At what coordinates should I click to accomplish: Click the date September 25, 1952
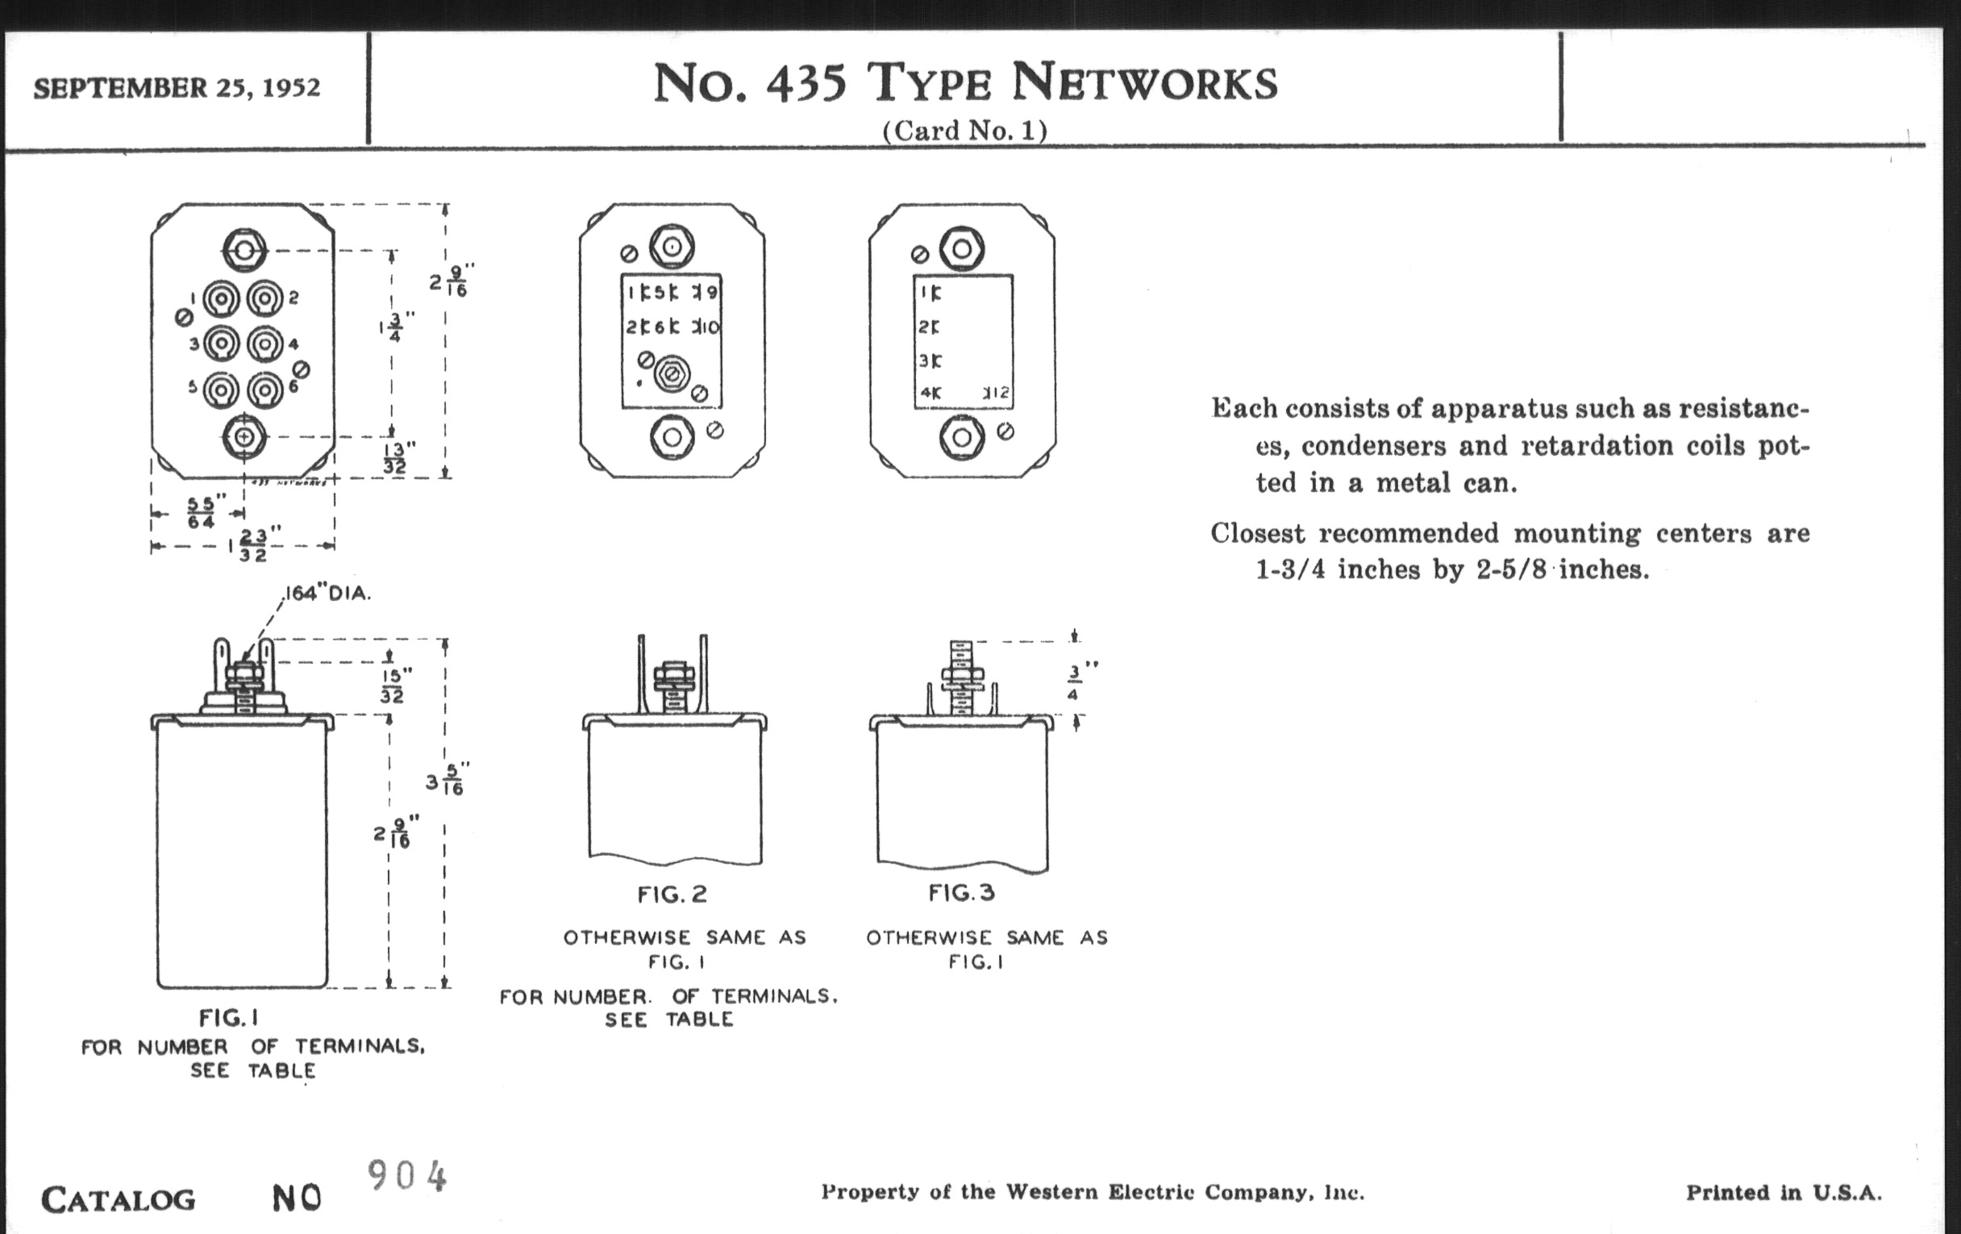pos(177,88)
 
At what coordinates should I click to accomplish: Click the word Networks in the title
pos(1144,85)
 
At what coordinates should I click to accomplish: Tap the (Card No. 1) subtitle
pos(964,131)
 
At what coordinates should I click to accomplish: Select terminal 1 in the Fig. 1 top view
pos(221,299)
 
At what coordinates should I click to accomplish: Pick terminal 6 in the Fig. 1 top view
pos(264,390)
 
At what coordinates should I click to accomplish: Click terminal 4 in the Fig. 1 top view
pos(264,344)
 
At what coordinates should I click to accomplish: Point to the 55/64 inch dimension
pos(201,512)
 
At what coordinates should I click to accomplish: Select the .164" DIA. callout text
pos(327,594)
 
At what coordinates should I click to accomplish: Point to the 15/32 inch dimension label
pos(395,685)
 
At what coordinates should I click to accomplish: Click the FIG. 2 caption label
pos(672,894)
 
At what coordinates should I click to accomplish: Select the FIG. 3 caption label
pos(961,893)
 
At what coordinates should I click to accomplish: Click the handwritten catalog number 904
pos(406,1175)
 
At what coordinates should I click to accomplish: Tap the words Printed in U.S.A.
pos(1784,1194)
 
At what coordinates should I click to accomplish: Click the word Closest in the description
pos(1258,533)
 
